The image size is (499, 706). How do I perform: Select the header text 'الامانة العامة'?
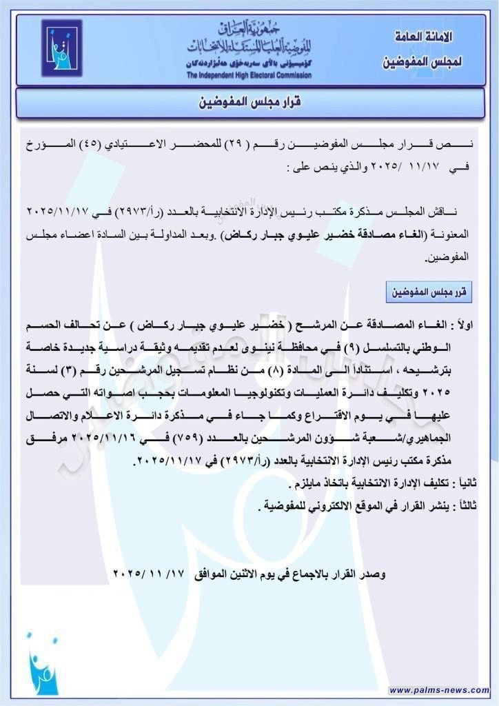pyautogui.click(x=427, y=34)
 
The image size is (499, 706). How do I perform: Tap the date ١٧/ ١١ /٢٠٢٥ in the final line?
pyautogui.click(x=149, y=573)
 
